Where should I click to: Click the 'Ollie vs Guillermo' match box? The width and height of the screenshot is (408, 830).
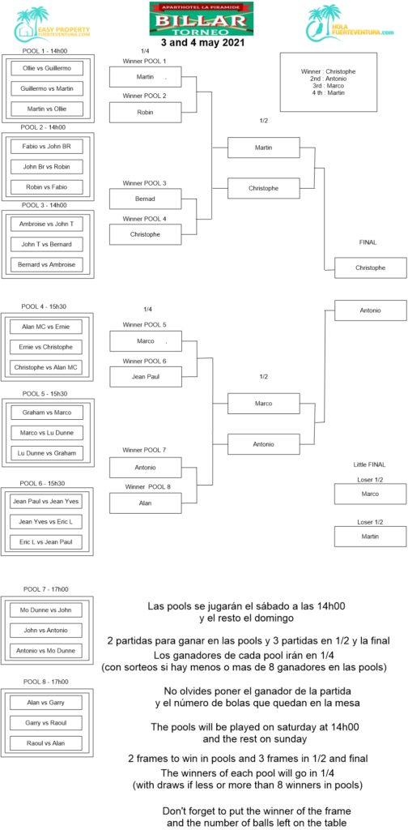pos(46,69)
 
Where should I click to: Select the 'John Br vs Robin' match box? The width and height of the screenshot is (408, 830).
pos(47,167)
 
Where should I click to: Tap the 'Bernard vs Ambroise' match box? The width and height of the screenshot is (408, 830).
pos(47,265)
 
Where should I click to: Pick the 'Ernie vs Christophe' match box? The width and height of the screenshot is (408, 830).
pos(47,347)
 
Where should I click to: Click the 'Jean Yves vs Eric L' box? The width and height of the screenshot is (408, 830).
pos(46,522)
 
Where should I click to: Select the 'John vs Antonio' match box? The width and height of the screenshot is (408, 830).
pos(47,631)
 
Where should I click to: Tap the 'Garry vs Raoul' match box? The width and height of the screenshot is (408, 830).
pos(46,722)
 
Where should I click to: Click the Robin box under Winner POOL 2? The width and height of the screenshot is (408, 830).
pos(146,112)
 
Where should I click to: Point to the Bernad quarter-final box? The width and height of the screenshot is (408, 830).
pos(146,199)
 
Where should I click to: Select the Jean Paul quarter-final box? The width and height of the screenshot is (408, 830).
pos(146,376)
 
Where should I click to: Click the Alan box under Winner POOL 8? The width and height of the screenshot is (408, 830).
pos(146,503)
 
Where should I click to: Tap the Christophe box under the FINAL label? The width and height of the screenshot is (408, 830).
pos(371,267)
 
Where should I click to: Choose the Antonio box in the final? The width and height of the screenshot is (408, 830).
pos(371,310)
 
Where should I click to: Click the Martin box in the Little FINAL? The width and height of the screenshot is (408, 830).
pos(371,537)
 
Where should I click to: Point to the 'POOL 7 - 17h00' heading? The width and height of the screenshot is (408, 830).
pos(46,589)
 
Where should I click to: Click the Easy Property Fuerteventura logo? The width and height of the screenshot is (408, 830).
pos(52,24)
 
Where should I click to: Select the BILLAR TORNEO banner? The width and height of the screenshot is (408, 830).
pos(202,19)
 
